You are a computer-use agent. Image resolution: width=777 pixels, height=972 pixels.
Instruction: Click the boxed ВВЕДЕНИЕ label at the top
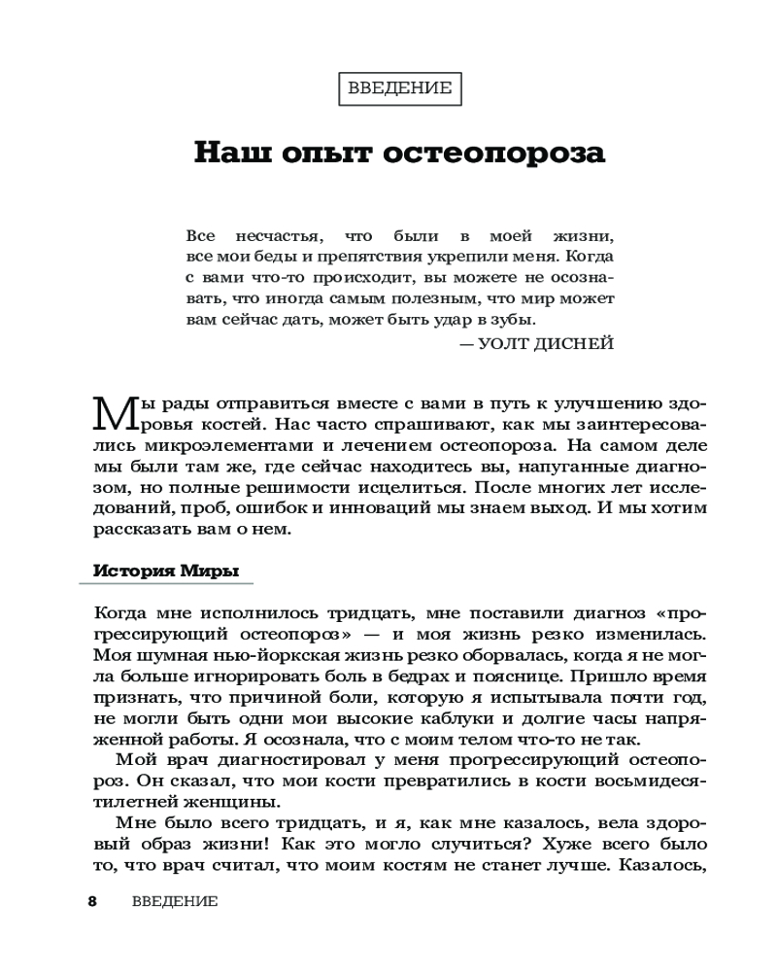pyautogui.click(x=399, y=88)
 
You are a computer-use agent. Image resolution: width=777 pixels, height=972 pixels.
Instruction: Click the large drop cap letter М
pyautogui.click(x=111, y=413)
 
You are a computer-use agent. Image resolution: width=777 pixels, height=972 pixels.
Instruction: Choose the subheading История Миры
pyautogui.click(x=166, y=571)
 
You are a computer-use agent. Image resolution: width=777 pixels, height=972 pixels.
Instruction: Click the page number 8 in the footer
pyautogui.click(x=93, y=901)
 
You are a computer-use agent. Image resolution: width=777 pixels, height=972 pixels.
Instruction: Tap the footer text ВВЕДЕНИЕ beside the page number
pyautogui.click(x=175, y=901)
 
